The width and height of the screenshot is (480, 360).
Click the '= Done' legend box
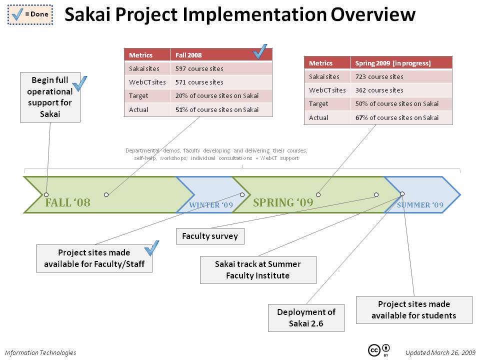29,14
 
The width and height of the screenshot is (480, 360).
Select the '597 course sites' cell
199,68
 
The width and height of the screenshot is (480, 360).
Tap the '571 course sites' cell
199,82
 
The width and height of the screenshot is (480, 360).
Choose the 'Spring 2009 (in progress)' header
392,63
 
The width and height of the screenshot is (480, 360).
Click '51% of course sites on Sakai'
217,109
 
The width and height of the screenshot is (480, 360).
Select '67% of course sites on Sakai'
396,117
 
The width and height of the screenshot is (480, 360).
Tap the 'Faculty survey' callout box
210,236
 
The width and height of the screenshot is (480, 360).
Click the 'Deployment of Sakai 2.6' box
306,317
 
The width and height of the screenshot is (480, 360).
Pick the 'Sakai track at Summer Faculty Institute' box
258,269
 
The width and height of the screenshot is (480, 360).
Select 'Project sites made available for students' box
414,309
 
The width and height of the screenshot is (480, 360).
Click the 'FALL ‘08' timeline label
67,203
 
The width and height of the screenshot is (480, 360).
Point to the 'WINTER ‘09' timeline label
211,205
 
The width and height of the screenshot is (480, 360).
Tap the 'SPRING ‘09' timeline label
283,202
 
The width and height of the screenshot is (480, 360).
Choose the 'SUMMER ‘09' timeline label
420,205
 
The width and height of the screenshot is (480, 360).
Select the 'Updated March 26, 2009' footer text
440,352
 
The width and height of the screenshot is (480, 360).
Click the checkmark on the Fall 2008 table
260,51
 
